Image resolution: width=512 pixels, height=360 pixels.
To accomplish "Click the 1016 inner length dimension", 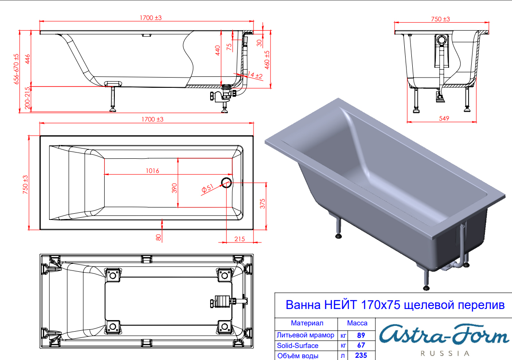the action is pos(152,171).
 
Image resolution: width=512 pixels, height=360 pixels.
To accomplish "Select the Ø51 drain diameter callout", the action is pos(207,188).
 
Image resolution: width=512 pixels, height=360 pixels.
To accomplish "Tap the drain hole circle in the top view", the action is pos(226,182).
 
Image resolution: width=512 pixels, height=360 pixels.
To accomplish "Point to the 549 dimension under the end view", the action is pos(444,118).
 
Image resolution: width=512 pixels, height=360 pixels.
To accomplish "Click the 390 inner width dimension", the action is pos(174,188).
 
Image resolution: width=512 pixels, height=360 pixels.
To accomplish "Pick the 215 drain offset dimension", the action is pos(240,239).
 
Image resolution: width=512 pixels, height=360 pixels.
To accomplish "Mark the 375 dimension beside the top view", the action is pos(262,203).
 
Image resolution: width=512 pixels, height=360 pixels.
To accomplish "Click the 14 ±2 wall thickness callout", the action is pos(255,75).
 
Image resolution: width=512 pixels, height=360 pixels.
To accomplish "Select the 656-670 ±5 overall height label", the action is pos(16,69).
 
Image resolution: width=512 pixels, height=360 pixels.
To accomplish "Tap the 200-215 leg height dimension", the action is pos(28,98).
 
